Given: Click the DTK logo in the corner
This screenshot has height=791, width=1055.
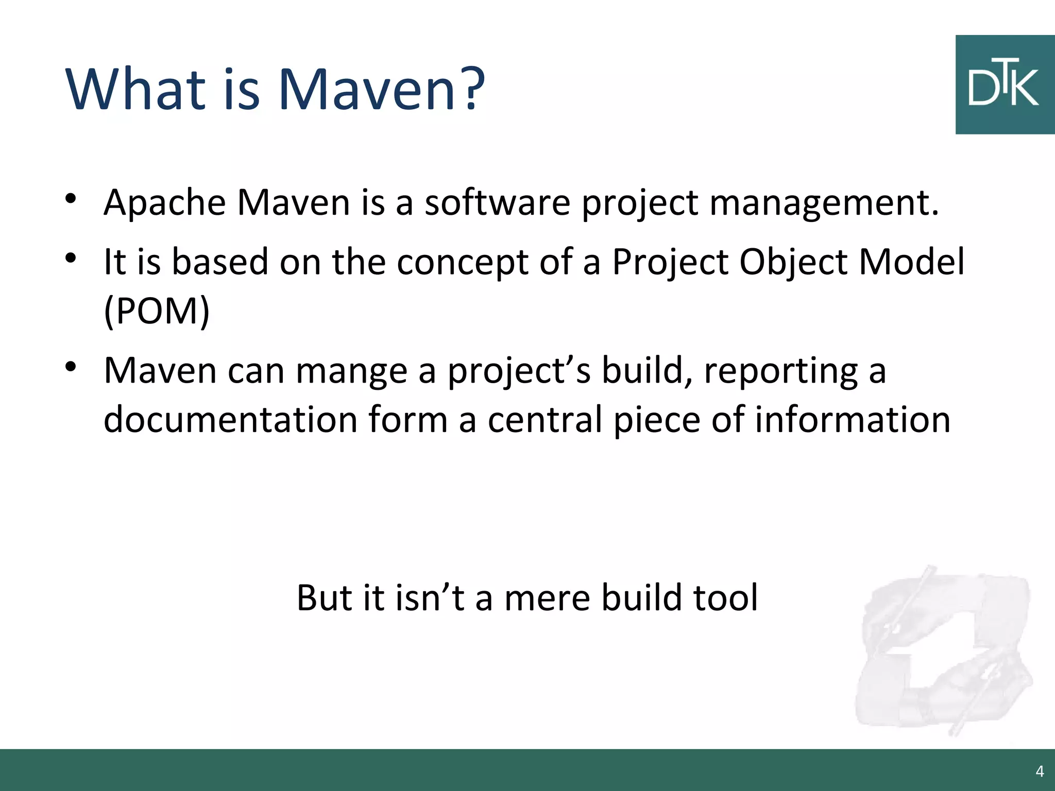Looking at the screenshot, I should [x=1004, y=85].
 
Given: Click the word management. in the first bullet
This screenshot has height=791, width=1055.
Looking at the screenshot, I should [x=824, y=203].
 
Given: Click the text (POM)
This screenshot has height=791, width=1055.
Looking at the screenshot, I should [x=157, y=311].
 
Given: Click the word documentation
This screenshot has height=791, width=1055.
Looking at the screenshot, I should [x=230, y=420].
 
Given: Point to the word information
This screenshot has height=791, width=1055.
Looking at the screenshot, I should [x=853, y=420].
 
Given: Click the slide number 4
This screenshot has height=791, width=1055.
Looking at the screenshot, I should [x=1040, y=771].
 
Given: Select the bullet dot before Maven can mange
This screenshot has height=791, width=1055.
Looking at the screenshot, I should [x=71, y=367].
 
